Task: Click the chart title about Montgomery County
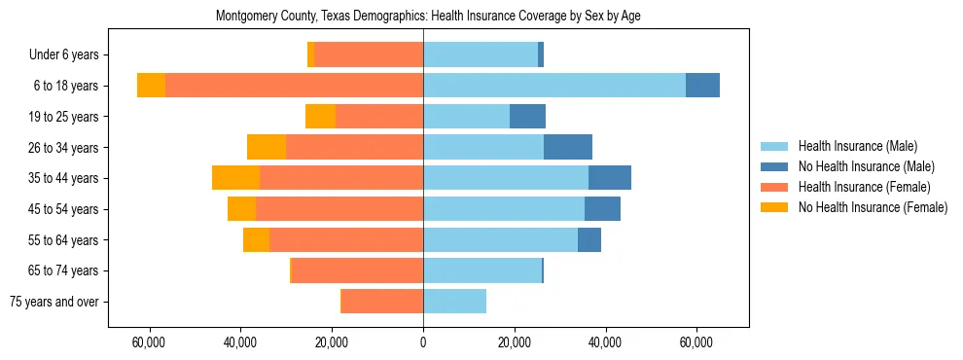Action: click(423, 17)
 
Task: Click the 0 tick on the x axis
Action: click(423, 342)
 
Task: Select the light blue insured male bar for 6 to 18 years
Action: click(554, 86)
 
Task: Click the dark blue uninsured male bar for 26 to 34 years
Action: click(568, 147)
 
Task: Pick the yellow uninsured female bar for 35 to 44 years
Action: click(235, 178)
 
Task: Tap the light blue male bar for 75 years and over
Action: click(454, 302)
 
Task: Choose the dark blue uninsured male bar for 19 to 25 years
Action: click(527, 117)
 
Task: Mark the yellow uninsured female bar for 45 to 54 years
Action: click(241, 209)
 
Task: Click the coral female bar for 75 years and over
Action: click(382, 302)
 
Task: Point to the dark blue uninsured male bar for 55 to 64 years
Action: click(589, 240)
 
